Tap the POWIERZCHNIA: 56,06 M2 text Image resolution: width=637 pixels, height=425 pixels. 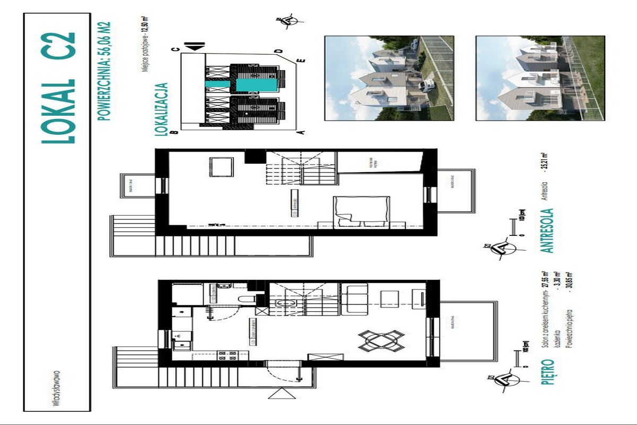(106, 72)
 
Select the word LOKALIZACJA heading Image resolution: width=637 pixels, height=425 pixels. (162, 110)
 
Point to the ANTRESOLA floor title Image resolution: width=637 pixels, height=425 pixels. (547, 231)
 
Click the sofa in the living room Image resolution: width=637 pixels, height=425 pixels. (353, 299)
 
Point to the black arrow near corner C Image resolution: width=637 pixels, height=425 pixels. (196, 48)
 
